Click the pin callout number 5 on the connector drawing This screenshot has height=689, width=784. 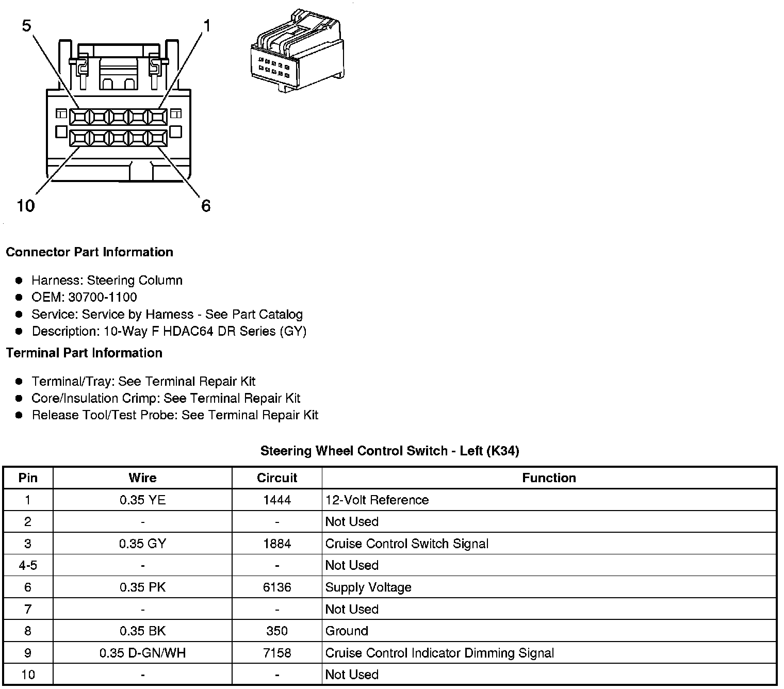tap(27, 25)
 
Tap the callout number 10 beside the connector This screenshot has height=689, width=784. tap(26, 206)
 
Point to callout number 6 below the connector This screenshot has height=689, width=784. tap(206, 206)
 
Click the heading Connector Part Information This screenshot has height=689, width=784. tap(89, 252)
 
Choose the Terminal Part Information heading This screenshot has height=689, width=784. tap(84, 353)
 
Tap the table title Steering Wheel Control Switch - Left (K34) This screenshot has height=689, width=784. tap(389, 451)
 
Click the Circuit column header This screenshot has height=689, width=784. tap(277, 478)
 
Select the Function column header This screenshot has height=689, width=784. tap(549, 478)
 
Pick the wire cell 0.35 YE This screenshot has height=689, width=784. tap(142, 500)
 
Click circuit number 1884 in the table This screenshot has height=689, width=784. tap(277, 544)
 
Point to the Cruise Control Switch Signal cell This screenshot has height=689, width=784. tap(406, 544)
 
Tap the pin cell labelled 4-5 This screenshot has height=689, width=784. tap(28, 565)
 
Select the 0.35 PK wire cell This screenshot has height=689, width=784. tap(142, 587)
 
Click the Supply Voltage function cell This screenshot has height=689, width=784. tap(368, 587)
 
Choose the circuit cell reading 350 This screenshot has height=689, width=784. tap(277, 631)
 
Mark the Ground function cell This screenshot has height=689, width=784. tap(347, 631)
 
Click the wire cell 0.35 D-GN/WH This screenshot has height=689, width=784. tap(142, 653)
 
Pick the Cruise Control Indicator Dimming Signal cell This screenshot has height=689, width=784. tap(439, 653)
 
